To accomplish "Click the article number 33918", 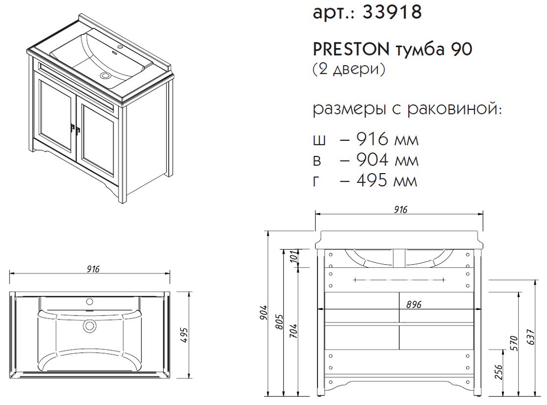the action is click(392, 12).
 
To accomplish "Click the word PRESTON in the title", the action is click(351, 50).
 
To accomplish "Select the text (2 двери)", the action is click(349, 69).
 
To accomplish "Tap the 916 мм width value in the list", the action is click(387, 140).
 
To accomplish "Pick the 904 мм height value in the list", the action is click(387, 160).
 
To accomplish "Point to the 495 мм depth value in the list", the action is click(387, 180).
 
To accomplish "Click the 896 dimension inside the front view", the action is click(414, 305).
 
